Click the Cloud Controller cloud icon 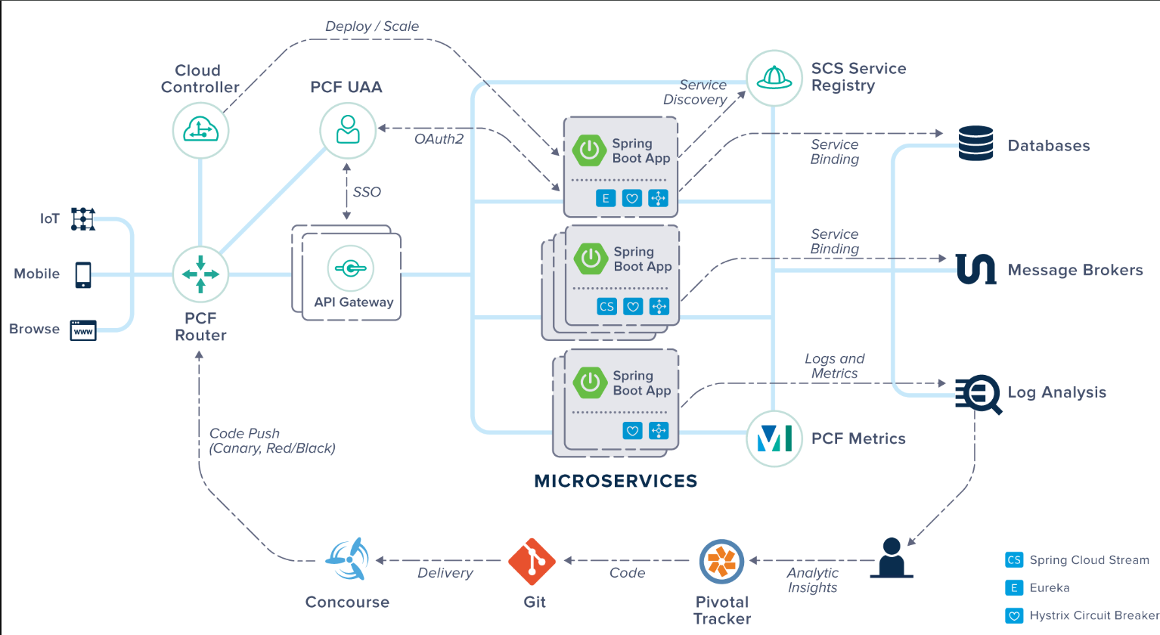pyautogui.click(x=200, y=131)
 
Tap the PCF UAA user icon pyautogui.click(x=348, y=130)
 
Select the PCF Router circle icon pyautogui.click(x=200, y=274)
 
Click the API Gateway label pyautogui.click(x=354, y=302)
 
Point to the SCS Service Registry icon pyautogui.click(x=774, y=78)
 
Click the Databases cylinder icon pyautogui.click(x=975, y=144)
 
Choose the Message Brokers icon pyautogui.click(x=976, y=269)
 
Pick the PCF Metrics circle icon pyautogui.click(x=774, y=438)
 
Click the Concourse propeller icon pyautogui.click(x=348, y=559)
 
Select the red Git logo pyautogui.click(x=532, y=562)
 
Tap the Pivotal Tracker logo pyautogui.click(x=721, y=562)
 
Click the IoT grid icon pyautogui.click(x=83, y=218)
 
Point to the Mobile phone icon pyautogui.click(x=83, y=274)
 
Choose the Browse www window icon pyautogui.click(x=83, y=330)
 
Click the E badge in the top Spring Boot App pyautogui.click(x=605, y=198)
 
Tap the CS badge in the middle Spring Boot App pyautogui.click(x=606, y=306)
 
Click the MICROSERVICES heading pyautogui.click(x=616, y=481)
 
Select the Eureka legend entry pyautogui.click(x=1049, y=587)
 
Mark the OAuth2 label pyautogui.click(x=439, y=139)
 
